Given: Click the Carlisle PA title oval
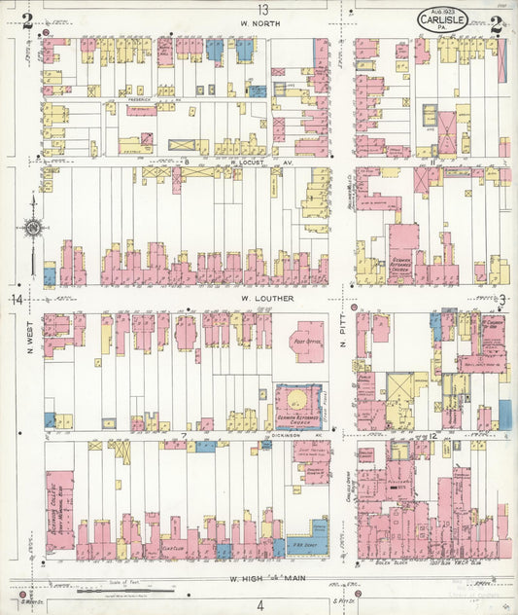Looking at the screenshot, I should pyautogui.click(x=443, y=19).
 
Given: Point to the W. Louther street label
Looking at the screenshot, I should pyautogui.click(x=261, y=298).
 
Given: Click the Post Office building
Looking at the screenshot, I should pyautogui.click(x=310, y=341).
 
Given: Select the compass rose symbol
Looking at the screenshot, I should pyautogui.click(x=31, y=230).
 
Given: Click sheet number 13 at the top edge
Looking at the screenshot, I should pyautogui.click(x=262, y=9).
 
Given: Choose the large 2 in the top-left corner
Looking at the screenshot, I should pyautogui.click(x=28, y=21).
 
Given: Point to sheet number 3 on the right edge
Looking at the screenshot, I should pyautogui.click(x=503, y=299).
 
